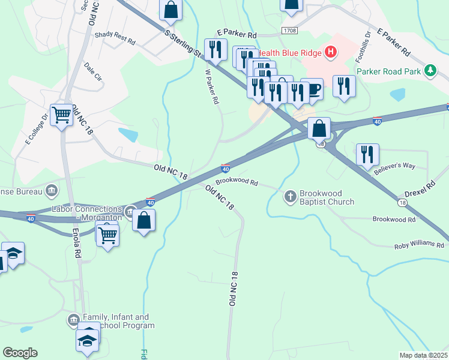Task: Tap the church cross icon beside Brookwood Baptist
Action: pyautogui.click(x=290, y=196)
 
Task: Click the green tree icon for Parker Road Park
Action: pyautogui.click(x=430, y=71)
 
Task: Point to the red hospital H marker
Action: pyautogui.click(x=330, y=52)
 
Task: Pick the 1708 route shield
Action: pyautogui.click(x=289, y=29)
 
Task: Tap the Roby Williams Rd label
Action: pyautogui.click(x=419, y=246)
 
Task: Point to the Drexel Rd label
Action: pyautogui.click(x=419, y=191)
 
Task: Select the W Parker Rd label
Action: pyautogui.click(x=212, y=86)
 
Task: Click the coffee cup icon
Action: pyautogui.click(x=312, y=90)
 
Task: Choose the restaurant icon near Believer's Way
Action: pyautogui.click(x=367, y=154)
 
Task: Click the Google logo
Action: pyautogui.click(x=20, y=353)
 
